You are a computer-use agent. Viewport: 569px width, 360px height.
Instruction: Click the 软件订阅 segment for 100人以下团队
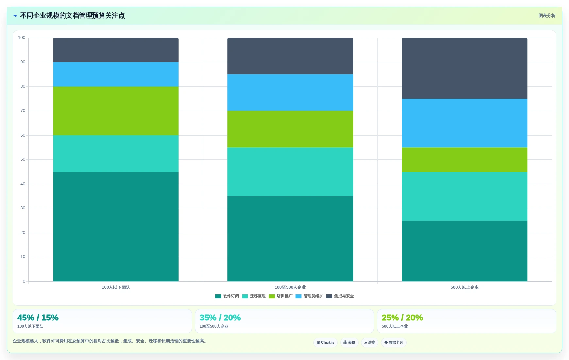pos(116,226)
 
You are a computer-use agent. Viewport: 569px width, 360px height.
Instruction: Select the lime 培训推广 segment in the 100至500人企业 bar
pos(290,129)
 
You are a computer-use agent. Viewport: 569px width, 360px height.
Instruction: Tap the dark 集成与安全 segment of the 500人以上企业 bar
pos(464,68)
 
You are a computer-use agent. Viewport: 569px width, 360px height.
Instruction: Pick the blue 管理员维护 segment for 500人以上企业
pos(464,123)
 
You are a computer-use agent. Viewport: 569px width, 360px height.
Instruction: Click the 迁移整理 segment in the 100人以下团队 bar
pos(116,154)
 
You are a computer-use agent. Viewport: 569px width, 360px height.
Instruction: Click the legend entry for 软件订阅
pos(227,296)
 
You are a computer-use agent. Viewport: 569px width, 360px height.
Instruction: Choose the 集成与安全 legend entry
pos(340,296)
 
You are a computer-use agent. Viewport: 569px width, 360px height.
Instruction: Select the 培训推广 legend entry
pos(280,296)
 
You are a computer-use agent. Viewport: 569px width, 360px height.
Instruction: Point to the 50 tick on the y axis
pos(23,159)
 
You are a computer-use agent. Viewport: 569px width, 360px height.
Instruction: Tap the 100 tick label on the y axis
pos(22,38)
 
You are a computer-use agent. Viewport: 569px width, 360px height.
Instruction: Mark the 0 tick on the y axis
pos(24,281)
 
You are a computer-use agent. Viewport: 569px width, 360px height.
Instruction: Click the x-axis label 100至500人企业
pos(290,287)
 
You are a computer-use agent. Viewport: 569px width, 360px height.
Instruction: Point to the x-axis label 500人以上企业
pos(464,287)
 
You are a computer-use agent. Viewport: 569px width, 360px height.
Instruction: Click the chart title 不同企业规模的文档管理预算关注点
pos(72,16)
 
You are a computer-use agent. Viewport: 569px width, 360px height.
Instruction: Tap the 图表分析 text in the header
pos(547,16)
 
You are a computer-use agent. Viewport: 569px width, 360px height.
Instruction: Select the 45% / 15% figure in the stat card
pos(38,318)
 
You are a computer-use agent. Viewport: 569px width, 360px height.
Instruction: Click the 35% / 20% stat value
pos(220,318)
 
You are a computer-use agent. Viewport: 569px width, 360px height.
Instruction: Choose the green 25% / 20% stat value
pos(402,318)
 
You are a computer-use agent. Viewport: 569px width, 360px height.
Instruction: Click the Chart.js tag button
pos(326,343)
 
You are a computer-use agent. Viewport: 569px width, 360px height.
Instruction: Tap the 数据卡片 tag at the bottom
pos(393,343)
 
